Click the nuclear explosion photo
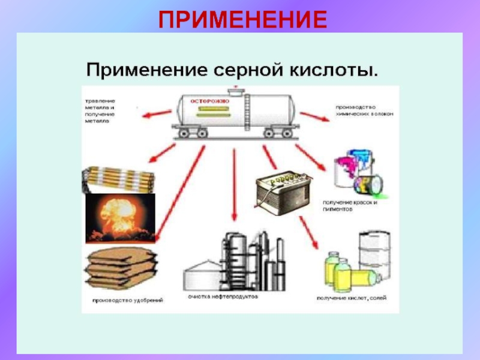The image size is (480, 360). point(120,218)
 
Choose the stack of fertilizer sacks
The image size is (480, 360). point(120,269)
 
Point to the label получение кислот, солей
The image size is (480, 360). point(351,298)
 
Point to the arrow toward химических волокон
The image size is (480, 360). point(313,116)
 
